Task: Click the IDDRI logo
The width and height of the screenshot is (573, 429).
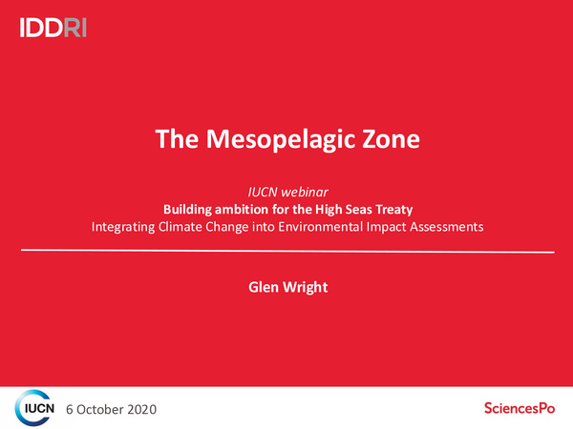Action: coord(53,28)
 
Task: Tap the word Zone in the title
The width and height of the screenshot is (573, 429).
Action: coord(388,140)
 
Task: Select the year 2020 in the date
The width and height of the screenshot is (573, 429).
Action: coord(139,409)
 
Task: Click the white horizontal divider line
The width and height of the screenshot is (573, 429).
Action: coord(286,251)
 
